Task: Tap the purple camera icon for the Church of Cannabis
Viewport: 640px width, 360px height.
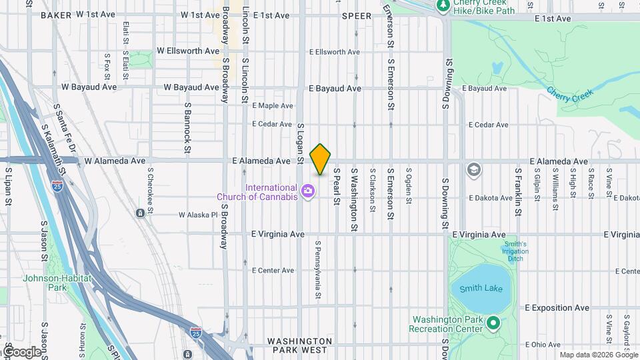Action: tap(308, 192)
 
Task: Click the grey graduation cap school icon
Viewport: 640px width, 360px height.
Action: tap(474, 169)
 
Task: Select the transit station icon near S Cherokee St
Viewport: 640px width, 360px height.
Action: tap(140, 213)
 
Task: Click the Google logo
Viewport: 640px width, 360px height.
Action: tap(21, 351)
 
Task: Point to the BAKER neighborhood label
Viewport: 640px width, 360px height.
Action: tap(56, 15)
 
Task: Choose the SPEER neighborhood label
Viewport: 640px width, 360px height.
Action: tap(357, 15)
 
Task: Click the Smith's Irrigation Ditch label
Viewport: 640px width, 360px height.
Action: tap(514, 251)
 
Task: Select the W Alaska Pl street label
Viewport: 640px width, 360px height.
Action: tap(198, 215)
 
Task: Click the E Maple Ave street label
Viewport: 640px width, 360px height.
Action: tap(273, 105)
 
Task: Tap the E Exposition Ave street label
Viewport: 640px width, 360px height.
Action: tap(557, 308)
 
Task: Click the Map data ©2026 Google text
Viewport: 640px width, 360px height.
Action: tap(597, 355)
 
